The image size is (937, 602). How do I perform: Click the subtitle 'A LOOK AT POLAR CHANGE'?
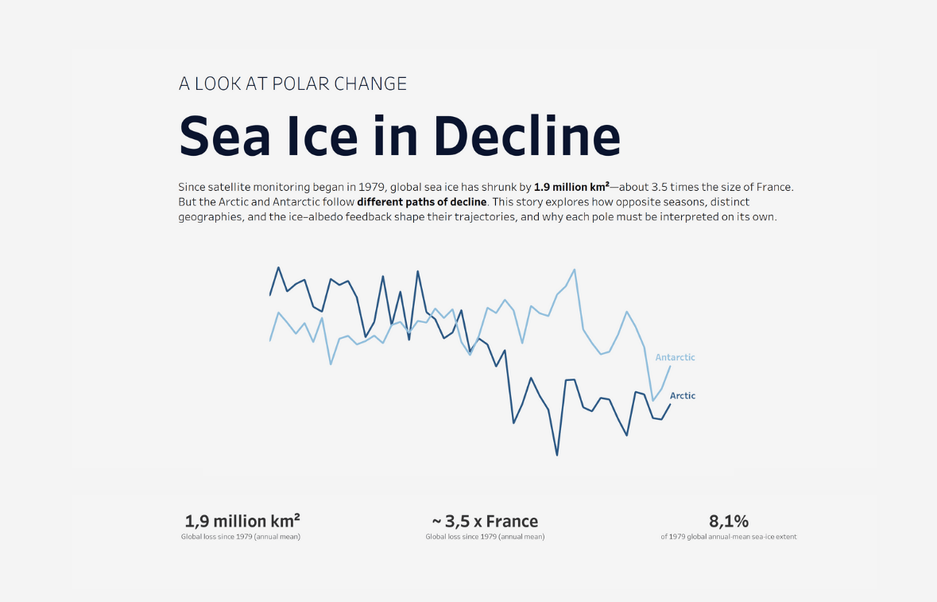coord(292,84)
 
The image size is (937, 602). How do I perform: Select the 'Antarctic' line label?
coord(675,357)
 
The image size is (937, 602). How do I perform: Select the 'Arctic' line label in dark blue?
coord(682,395)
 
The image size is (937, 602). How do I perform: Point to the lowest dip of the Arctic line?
coord(556,455)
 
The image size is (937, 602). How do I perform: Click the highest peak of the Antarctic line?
coord(574,270)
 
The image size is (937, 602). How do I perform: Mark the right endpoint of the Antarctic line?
coord(670,367)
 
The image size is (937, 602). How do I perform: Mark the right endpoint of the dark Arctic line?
coord(670,405)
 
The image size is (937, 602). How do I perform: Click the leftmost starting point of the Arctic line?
coord(271,295)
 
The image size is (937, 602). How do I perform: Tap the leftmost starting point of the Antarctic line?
coord(271,340)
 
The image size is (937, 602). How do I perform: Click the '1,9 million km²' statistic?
coord(242,522)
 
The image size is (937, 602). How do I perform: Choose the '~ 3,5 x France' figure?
coord(485,522)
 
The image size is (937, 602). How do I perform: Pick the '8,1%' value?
coord(729,522)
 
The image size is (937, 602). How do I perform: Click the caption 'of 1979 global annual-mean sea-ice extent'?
coord(729,537)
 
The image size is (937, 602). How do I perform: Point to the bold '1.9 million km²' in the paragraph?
coord(571,187)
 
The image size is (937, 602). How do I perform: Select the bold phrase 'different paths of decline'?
coord(421,202)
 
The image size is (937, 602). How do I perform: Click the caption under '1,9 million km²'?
coord(242,537)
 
